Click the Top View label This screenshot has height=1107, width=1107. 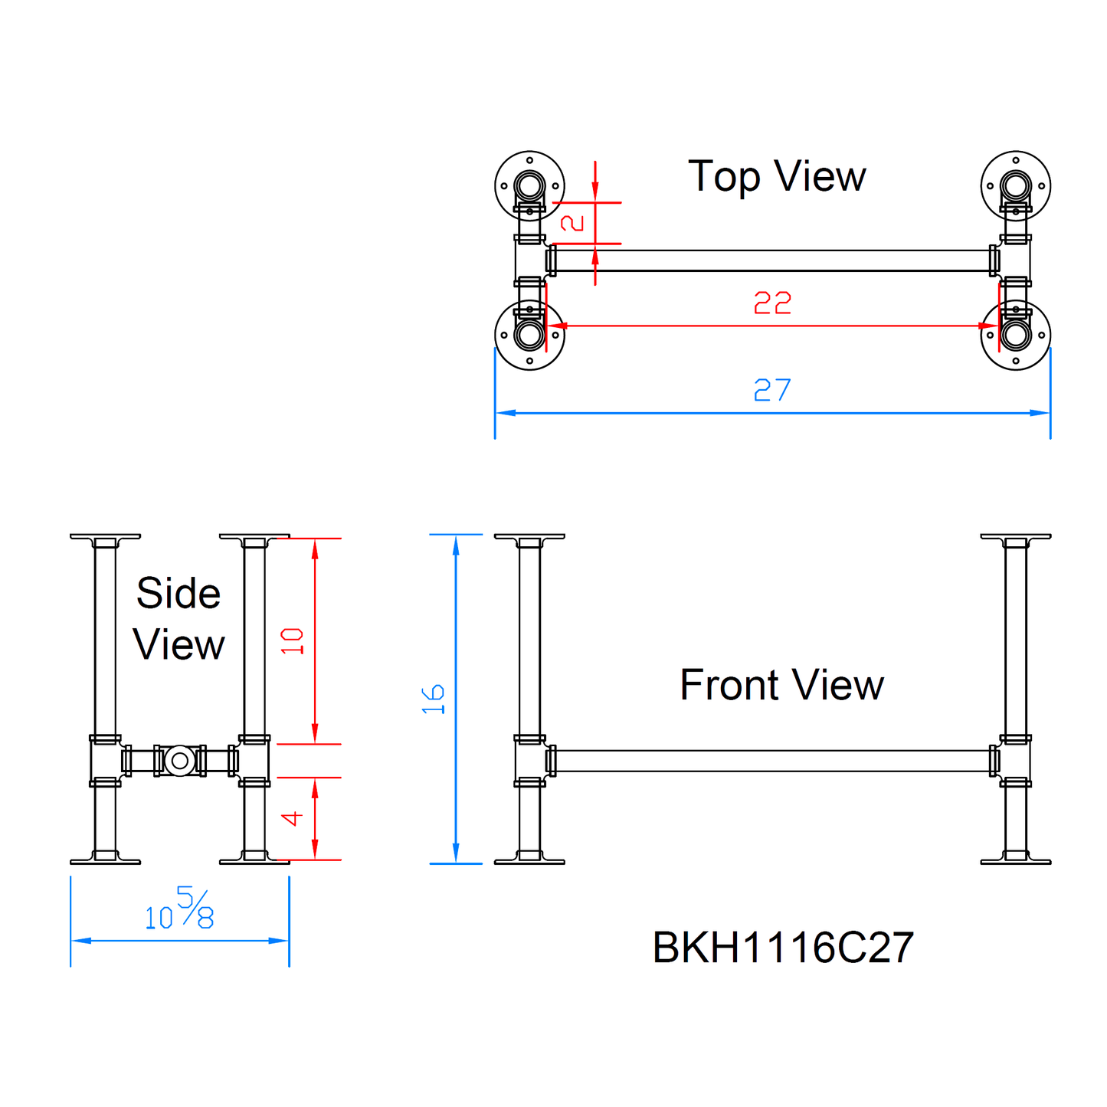[x=777, y=177]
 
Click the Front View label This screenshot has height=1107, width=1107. [x=781, y=685]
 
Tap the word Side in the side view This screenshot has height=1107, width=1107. [x=178, y=594]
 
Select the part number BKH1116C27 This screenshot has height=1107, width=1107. [x=783, y=948]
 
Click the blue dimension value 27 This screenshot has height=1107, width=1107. [x=772, y=391]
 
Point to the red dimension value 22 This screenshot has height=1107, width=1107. [x=772, y=303]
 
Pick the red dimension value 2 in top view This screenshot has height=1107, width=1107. [x=573, y=223]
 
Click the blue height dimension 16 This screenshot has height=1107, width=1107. [x=434, y=699]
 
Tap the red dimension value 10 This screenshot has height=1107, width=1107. [x=293, y=640]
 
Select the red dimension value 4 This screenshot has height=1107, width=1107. [x=293, y=819]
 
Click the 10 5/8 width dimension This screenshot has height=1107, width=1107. [x=180, y=910]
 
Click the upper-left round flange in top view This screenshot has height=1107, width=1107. [x=529, y=185]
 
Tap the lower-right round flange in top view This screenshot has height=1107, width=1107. [x=1016, y=335]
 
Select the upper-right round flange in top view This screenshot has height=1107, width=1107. [x=1016, y=185]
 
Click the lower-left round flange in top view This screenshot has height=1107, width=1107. [x=529, y=335]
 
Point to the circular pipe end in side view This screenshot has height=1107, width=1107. [x=180, y=761]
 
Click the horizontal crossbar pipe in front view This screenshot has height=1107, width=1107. [x=772, y=761]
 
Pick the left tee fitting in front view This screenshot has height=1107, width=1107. [x=529, y=761]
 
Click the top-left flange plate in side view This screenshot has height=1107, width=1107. [x=105, y=537]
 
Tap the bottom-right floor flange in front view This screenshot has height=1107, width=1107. [x=1016, y=860]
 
